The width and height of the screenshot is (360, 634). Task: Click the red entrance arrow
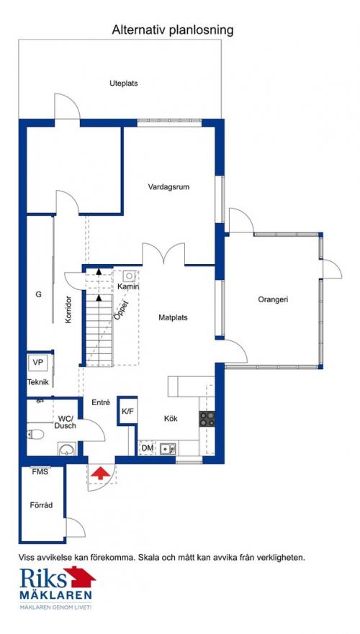click(x=99, y=473)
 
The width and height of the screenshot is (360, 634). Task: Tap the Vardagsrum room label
click(x=168, y=187)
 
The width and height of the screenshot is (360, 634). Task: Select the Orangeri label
click(x=273, y=299)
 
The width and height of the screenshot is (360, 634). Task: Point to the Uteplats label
click(x=123, y=83)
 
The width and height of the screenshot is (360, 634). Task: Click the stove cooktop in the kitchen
click(x=207, y=419)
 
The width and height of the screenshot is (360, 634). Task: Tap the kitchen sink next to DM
click(x=168, y=448)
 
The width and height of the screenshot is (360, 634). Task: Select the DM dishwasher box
click(x=148, y=448)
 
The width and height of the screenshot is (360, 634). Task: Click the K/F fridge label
click(x=127, y=412)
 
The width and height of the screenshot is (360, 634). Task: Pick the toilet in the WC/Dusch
click(x=35, y=435)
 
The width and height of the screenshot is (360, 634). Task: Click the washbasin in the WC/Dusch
click(x=66, y=449)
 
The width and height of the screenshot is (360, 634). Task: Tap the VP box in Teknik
click(x=38, y=363)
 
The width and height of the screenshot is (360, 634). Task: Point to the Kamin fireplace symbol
click(x=129, y=276)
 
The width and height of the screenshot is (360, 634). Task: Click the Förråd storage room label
click(x=41, y=505)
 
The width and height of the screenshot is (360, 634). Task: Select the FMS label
click(x=40, y=471)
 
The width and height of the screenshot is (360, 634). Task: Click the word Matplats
click(x=173, y=318)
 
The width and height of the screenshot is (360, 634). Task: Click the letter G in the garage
click(x=38, y=295)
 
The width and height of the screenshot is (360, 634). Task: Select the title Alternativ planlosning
click(x=173, y=30)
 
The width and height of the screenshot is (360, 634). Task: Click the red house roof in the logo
click(x=80, y=577)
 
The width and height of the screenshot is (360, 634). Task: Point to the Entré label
click(x=101, y=402)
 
